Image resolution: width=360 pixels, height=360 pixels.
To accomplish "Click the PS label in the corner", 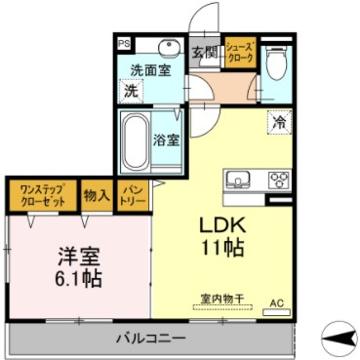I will point(124,44).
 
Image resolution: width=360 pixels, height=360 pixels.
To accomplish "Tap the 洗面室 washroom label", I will point(151,69).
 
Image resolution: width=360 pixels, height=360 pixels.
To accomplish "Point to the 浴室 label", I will point(166,139).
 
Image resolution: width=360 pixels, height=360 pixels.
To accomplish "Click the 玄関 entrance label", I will point(204,53).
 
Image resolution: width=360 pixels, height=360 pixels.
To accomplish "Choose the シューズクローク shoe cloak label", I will point(240,53).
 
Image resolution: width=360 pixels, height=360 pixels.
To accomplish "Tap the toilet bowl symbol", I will point(275,65).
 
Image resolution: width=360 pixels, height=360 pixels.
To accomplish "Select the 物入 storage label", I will point(96,194).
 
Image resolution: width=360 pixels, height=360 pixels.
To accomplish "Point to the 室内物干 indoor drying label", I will point(220,299).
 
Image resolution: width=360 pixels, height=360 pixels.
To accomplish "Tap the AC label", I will point(274,302).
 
